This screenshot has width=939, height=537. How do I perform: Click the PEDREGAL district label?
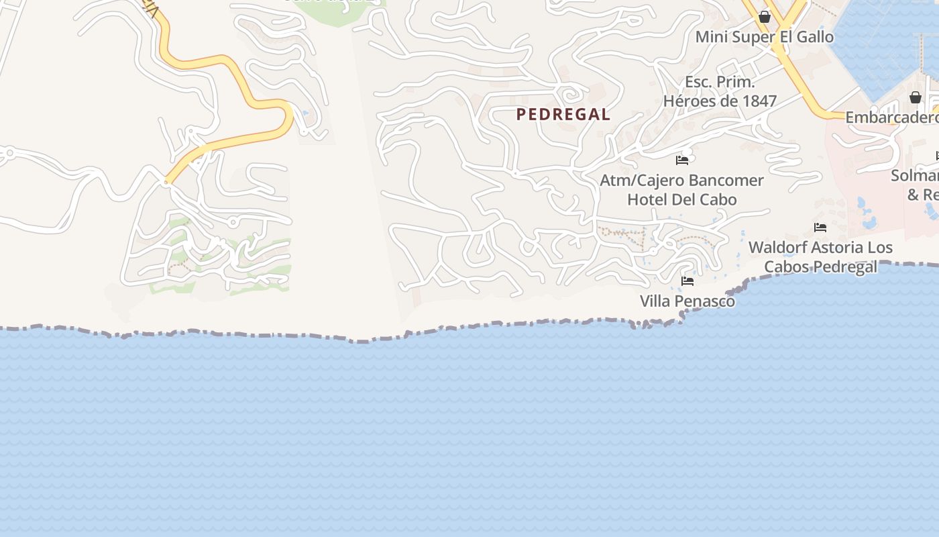(563, 115)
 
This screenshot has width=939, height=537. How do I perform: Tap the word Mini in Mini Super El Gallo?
(711, 37)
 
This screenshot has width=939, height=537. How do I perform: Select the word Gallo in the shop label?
(814, 37)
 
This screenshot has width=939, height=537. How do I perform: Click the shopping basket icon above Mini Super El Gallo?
(764, 17)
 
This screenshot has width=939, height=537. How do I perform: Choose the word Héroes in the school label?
(687, 101)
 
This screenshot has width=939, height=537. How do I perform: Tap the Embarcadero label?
(891, 117)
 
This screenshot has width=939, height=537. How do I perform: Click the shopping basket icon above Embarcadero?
(915, 98)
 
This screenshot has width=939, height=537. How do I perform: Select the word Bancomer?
(732, 181)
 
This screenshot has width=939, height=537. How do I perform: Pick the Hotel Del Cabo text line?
(681, 199)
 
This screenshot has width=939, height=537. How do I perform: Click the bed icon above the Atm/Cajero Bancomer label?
(682, 160)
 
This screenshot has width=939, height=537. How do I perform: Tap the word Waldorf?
(775, 248)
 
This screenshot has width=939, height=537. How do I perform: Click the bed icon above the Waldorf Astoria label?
(820, 228)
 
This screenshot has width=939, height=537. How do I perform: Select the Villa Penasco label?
(687, 301)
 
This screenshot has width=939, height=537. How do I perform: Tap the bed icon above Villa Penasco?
(687, 281)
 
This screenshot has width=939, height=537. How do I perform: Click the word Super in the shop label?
(755, 37)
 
